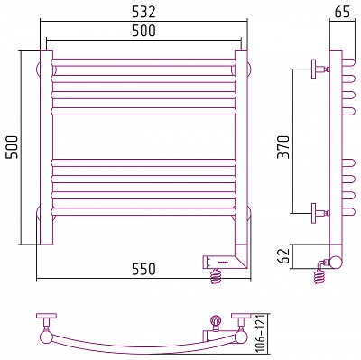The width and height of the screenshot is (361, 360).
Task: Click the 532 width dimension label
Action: [x=143, y=12]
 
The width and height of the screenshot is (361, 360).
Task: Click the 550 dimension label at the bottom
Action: [x=143, y=269]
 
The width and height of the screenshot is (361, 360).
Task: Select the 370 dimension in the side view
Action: [x=283, y=147]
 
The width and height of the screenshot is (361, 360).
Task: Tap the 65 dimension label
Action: [x=342, y=13]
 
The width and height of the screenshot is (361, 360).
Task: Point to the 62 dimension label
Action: [x=283, y=256]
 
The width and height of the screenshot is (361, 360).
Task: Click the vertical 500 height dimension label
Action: [x=13, y=147]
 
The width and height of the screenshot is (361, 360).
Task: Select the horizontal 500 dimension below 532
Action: [x=143, y=31]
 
